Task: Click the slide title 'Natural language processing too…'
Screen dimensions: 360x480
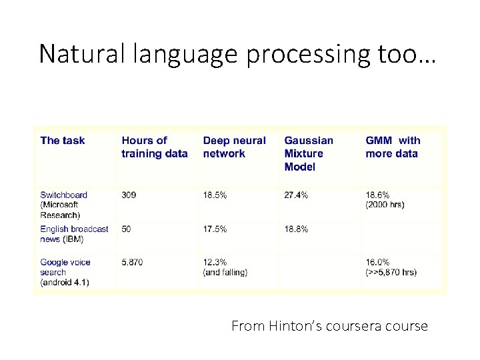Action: pyautogui.click(x=237, y=53)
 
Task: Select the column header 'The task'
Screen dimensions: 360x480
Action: pyautogui.click(x=63, y=141)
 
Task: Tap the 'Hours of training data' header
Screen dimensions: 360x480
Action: pyautogui.click(x=154, y=147)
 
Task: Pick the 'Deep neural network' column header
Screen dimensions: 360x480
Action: pyautogui.click(x=234, y=147)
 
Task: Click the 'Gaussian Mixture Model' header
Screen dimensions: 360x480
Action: pyautogui.click(x=309, y=153)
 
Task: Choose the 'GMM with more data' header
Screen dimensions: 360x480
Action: pyautogui.click(x=393, y=147)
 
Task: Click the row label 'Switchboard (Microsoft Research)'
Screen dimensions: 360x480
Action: pyautogui.click(x=63, y=205)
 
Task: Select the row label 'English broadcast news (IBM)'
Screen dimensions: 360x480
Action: pyautogui.click(x=74, y=234)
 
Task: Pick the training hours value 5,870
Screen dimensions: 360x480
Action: pyautogui.click(x=132, y=263)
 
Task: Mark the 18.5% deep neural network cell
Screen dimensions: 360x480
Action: pyautogui.click(x=215, y=195)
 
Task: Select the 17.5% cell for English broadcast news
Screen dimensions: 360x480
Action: pyautogui.click(x=215, y=229)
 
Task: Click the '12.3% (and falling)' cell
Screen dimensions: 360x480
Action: pyautogui.click(x=225, y=267)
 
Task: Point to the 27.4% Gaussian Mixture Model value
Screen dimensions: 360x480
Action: pyautogui.click(x=296, y=195)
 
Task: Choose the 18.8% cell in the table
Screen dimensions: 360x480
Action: pyautogui.click(x=296, y=229)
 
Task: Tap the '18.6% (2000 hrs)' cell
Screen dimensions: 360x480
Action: pyautogui.click(x=385, y=200)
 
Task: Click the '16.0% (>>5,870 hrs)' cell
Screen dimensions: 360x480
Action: pyautogui.click(x=390, y=267)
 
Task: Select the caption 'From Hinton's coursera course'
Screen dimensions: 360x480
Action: pyautogui.click(x=329, y=327)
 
